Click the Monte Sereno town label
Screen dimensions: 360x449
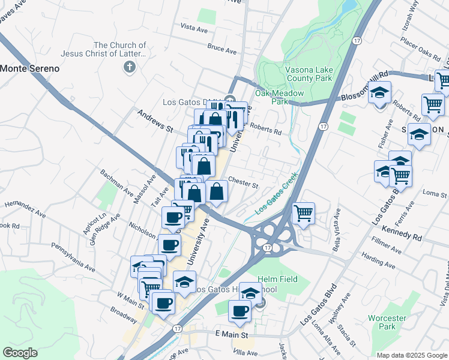[x=30, y=68]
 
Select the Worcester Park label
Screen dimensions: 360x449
[x=387, y=322]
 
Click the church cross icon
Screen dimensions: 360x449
[x=128, y=67]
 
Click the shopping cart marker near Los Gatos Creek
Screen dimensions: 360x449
[x=303, y=213]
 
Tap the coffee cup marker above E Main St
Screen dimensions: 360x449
[x=240, y=311]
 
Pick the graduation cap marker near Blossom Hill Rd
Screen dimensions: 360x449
[x=379, y=94]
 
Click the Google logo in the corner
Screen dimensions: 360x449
[x=20, y=353]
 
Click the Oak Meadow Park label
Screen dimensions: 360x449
[x=279, y=98]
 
